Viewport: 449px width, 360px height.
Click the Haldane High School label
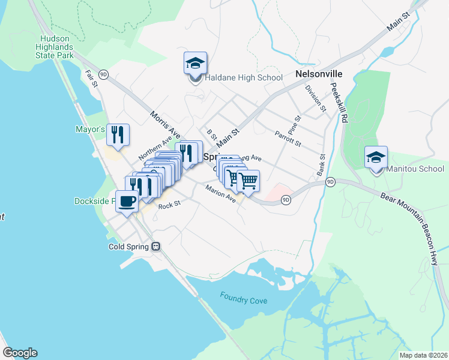[x=244, y=78]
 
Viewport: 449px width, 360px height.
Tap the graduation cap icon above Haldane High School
[x=195, y=63]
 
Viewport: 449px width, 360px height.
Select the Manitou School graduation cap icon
[x=376, y=157]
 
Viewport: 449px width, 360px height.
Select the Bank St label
[x=321, y=164]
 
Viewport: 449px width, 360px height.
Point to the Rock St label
[x=169, y=206]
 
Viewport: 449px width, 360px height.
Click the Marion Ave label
[x=220, y=197]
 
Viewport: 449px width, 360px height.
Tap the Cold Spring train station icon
[x=156, y=247]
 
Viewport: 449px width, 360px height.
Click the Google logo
[x=20, y=353]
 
